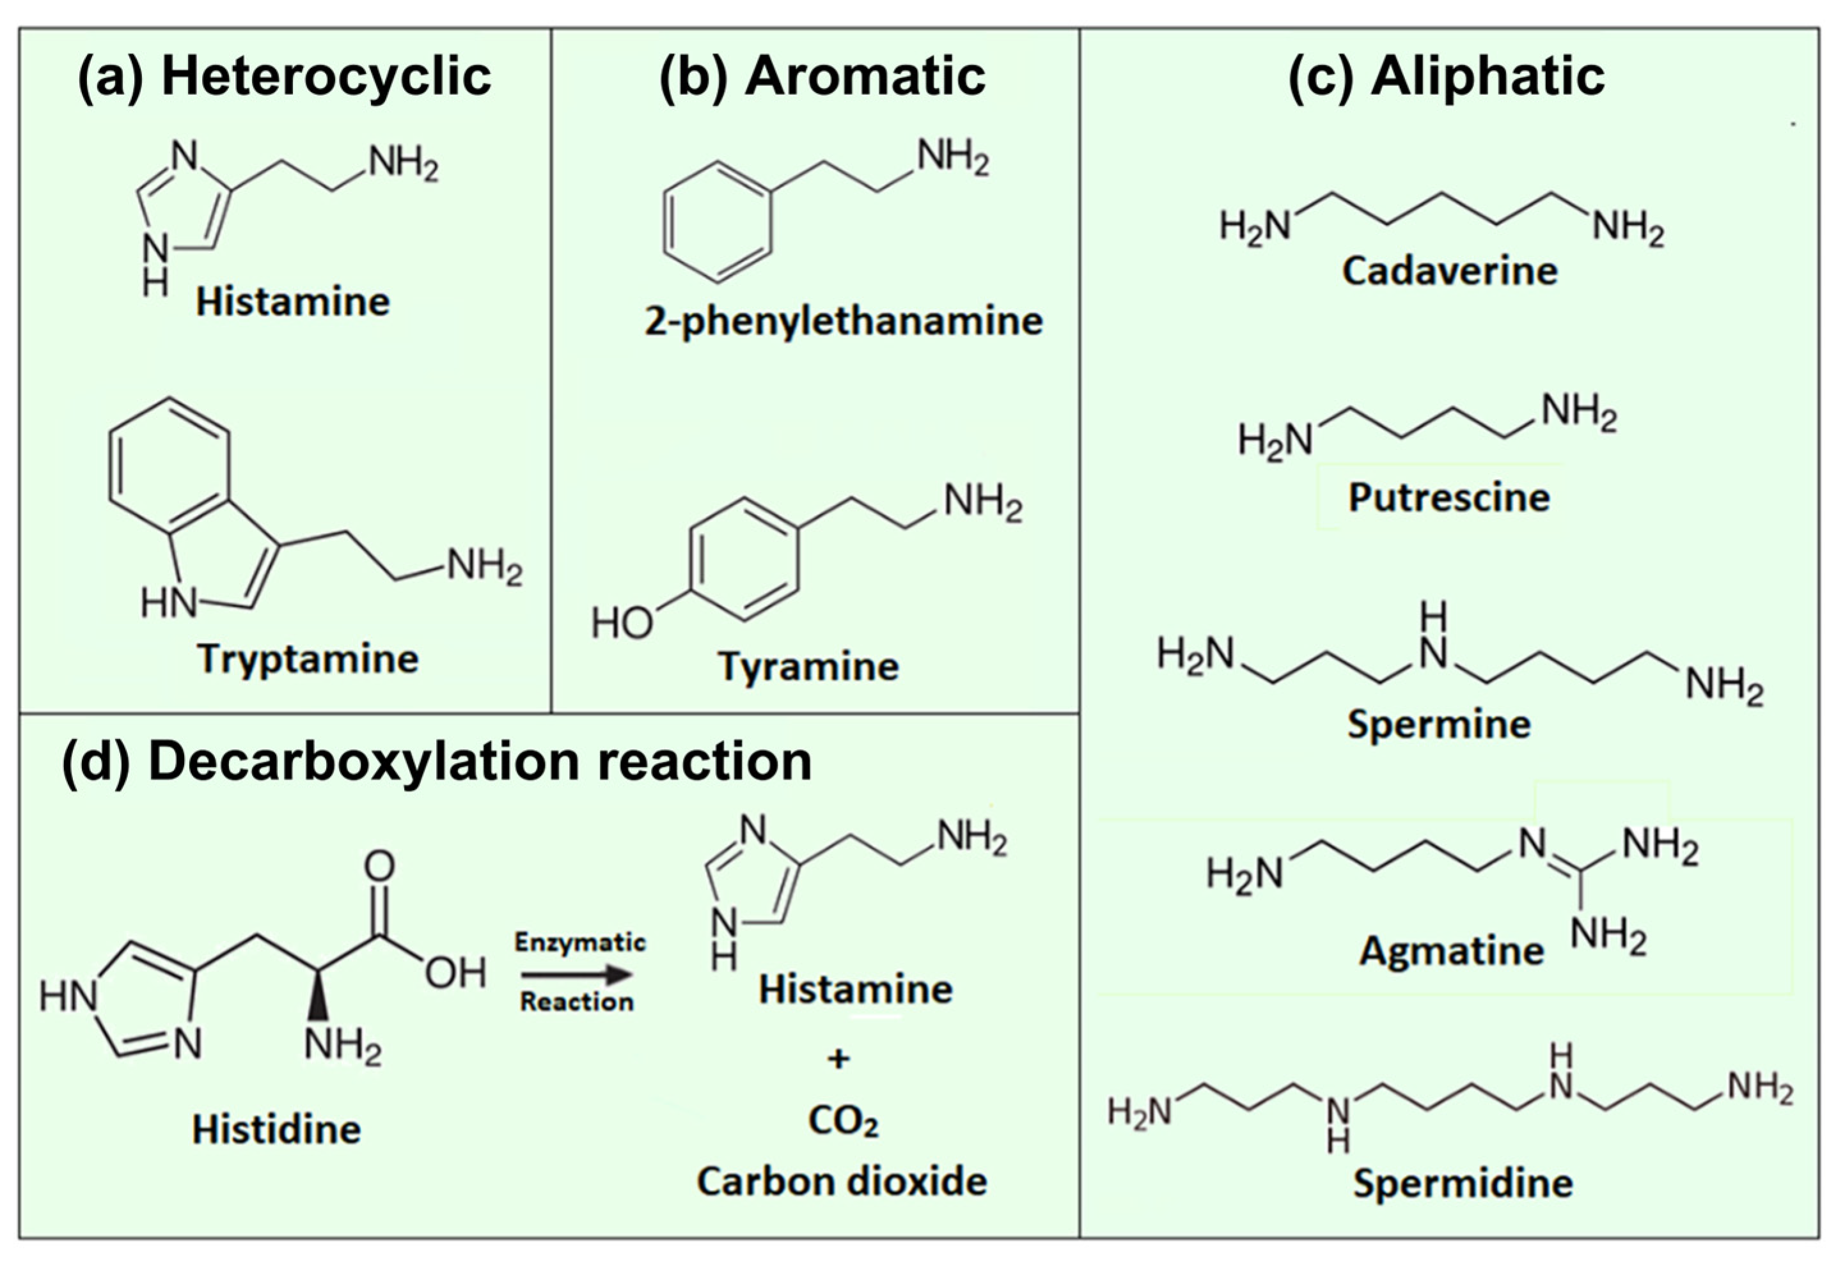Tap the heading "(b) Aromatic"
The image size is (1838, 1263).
(822, 77)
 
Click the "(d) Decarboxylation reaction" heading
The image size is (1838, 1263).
(436, 762)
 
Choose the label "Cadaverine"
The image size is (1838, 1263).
(1450, 272)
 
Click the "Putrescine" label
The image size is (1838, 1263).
(1449, 498)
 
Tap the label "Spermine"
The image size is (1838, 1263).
(1439, 724)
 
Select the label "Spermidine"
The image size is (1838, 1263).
(1463, 1184)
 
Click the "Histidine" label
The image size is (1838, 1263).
(276, 1129)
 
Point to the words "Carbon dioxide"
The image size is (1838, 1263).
(842, 1181)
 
